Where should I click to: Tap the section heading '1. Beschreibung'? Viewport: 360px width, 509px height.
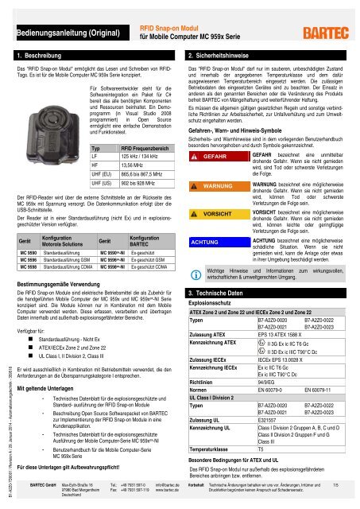tap(40, 57)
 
